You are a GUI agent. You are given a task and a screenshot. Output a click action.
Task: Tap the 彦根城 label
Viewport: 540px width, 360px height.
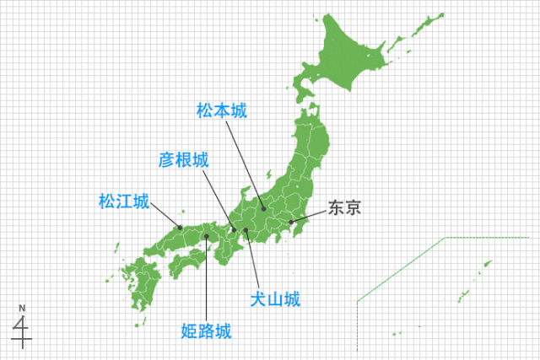(184, 159)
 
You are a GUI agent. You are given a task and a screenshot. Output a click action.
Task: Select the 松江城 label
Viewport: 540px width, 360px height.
(123, 202)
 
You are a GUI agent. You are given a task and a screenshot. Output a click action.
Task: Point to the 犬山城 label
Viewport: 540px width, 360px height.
(275, 298)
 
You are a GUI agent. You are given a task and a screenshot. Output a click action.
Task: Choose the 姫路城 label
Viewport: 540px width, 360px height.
(206, 331)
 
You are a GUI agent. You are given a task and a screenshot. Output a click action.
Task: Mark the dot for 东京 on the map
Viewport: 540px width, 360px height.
(291, 223)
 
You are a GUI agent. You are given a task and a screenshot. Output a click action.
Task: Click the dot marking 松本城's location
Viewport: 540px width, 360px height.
(263, 208)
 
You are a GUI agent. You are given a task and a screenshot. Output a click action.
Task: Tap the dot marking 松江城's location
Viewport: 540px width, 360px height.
(179, 226)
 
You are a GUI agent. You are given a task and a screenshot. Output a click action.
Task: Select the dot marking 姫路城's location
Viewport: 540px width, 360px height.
(206, 237)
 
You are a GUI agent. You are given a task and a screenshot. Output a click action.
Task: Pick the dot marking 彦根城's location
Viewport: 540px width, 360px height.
(233, 229)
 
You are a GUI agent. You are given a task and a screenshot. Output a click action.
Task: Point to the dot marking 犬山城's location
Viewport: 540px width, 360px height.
(246, 230)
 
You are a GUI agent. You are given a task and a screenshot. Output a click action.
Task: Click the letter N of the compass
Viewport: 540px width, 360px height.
(24, 307)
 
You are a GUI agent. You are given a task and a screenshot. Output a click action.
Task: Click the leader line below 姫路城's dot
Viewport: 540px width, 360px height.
(206, 278)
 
